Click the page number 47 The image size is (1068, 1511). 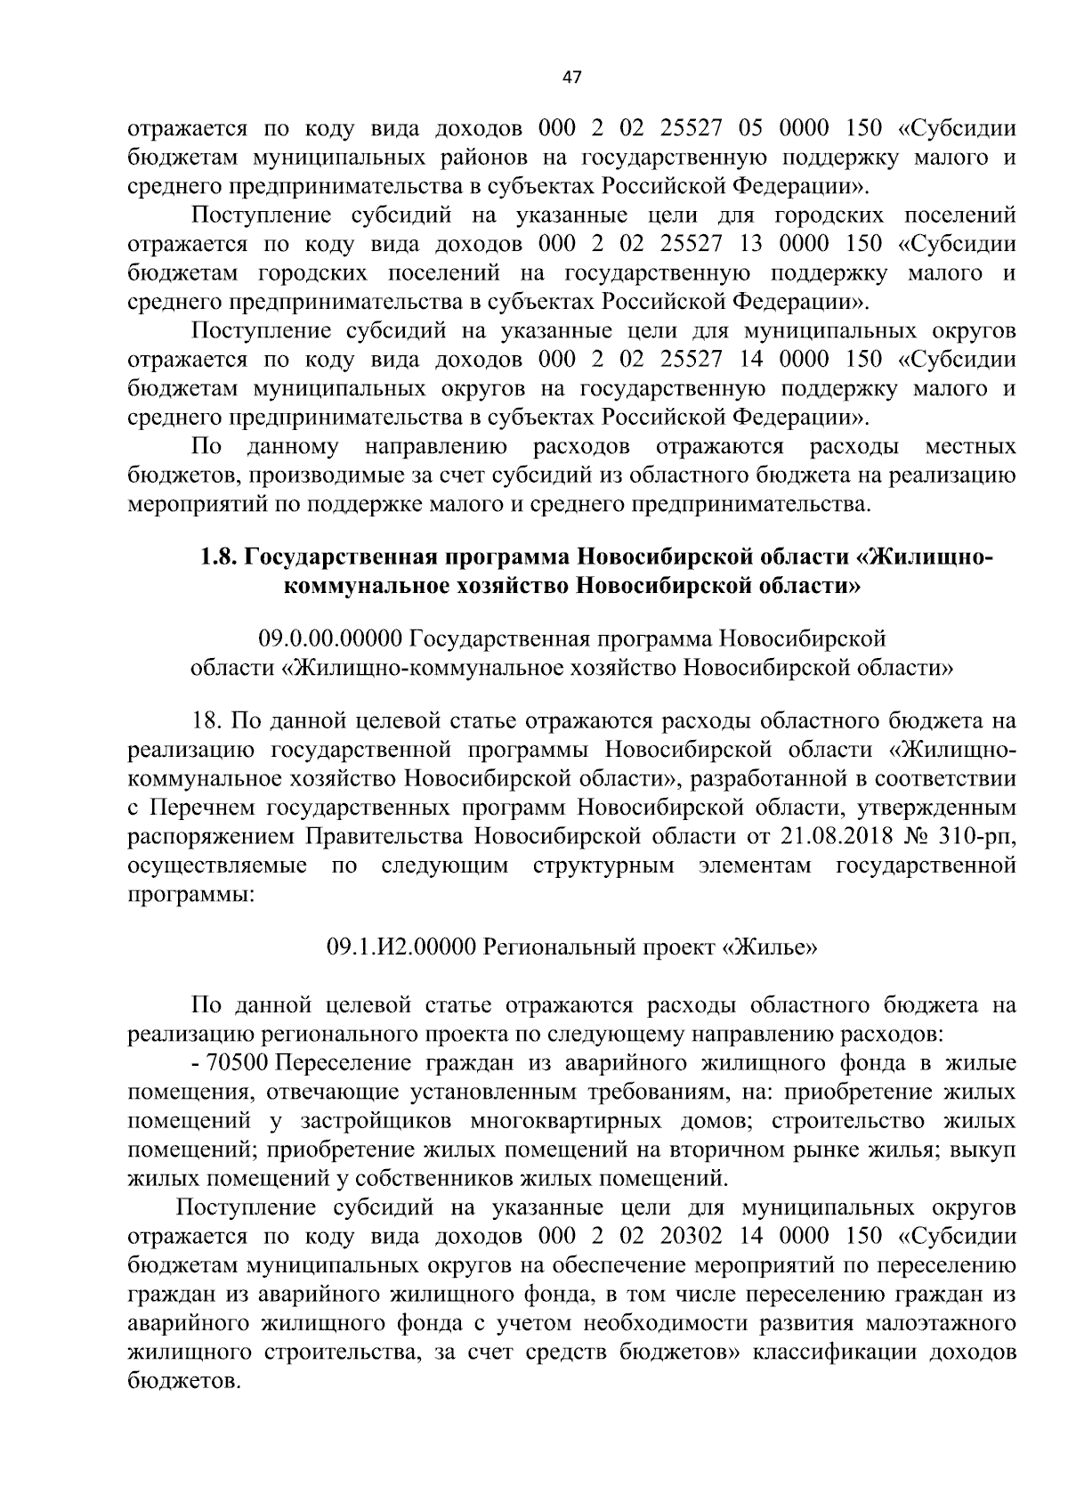(571, 77)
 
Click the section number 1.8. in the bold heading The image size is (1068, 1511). (216, 558)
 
